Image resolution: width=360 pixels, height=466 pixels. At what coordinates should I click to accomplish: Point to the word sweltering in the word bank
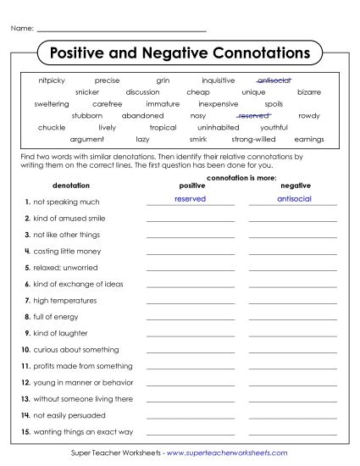pyautogui.click(x=52, y=103)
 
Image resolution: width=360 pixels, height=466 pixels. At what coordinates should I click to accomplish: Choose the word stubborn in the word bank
pyautogui.click(x=86, y=115)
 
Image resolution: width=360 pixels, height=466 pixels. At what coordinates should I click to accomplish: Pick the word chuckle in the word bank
pyautogui.click(x=52, y=127)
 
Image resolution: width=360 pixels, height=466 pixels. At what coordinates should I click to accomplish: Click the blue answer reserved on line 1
pyautogui.click(x=190, y=198)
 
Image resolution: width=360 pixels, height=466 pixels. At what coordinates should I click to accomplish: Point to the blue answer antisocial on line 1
pyautogui.click(x=294, y=198)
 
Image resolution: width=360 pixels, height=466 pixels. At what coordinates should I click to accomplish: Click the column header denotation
pyautogui.click(x=70, y=185)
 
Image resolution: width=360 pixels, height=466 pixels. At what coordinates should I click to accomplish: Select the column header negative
pyautogui.click(x=295, y=185)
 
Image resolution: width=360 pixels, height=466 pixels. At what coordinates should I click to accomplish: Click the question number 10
pyautogui.click(x=26, y=349)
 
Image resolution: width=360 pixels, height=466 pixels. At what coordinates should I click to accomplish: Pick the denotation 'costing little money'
pyautogui.click(x=66, y=251)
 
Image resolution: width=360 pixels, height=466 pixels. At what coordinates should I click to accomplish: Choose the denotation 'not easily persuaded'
pyautogui.click(x=67, y=415)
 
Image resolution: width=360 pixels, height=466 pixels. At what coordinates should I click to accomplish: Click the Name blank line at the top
pyautogui.click(x=123, y=31)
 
